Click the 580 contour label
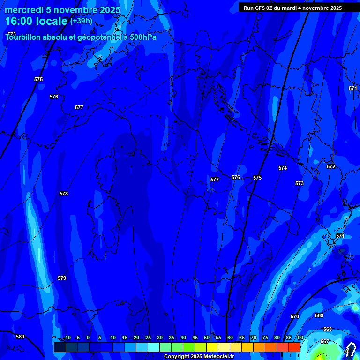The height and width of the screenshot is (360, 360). click(20, 337)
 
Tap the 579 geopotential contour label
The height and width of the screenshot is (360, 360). click(62, 278)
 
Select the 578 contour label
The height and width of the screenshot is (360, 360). click(64, 194)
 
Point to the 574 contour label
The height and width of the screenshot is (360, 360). click(283, 168)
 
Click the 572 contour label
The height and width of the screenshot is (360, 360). click(331, 166)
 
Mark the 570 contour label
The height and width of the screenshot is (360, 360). click(294, 317)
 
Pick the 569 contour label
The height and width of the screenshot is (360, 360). click(319, 315)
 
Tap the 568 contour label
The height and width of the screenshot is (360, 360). click(328, 330)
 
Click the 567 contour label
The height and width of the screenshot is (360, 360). click(324, 341)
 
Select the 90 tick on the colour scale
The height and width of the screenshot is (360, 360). click(300, 337)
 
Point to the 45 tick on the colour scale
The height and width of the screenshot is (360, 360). click(195, 337)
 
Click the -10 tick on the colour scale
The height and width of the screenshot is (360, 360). click(67, 337)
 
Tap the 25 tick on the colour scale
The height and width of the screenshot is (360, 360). click(148, 337)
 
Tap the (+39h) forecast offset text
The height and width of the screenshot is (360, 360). click(81, 21)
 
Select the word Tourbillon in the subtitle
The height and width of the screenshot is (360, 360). click(23, 37)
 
